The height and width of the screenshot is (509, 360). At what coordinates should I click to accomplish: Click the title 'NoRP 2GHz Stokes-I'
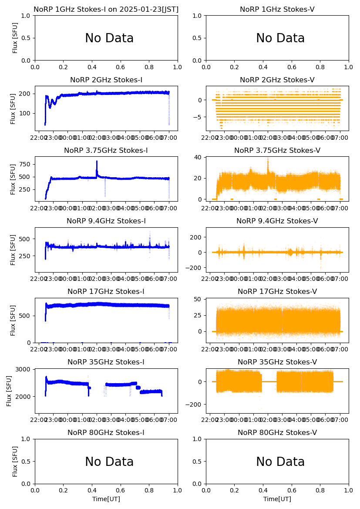click(106, 80)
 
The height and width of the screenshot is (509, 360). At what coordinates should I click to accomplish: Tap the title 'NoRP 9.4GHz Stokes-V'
click(277, 221)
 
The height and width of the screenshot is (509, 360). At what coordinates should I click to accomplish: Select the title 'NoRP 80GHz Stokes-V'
click(277, 433)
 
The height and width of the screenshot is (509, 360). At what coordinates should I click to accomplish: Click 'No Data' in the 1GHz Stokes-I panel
click(109, 38)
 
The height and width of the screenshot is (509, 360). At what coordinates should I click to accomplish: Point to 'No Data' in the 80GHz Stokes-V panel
click(280, 462)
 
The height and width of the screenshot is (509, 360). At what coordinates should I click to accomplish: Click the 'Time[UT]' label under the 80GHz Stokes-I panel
click(106, 499)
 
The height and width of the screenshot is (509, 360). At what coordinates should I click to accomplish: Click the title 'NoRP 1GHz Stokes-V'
click(277, 9)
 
